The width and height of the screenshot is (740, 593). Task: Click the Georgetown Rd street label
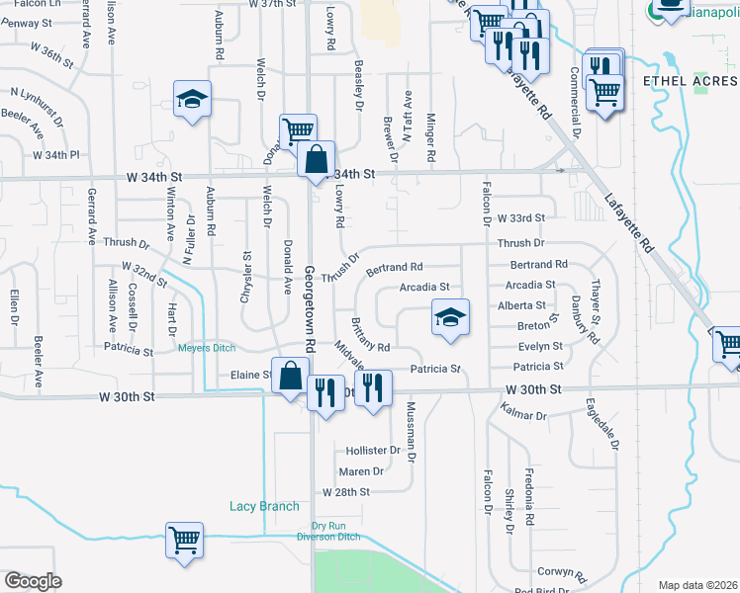(310, 307)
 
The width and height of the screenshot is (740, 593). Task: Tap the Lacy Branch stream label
(264, 507)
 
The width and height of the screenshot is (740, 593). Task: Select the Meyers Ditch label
(206, 347)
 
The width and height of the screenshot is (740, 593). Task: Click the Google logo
(33, 581)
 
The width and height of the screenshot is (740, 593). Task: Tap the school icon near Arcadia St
(450, 318)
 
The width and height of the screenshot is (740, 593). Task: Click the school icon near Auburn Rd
(193, 99)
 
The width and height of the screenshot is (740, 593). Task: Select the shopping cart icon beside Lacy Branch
(185, 540)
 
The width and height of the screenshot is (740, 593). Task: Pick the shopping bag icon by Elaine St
(291, 376)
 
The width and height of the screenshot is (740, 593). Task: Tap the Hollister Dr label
(373, 449)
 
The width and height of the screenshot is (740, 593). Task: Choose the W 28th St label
(345, 491)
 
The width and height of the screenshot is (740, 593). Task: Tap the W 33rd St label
(520, 217)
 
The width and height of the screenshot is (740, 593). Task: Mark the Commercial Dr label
(575, 102)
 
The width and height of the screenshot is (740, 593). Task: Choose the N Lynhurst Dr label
(37, 107)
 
